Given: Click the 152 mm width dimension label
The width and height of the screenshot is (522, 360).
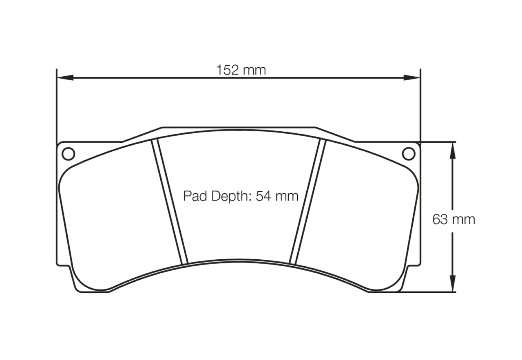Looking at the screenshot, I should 241,70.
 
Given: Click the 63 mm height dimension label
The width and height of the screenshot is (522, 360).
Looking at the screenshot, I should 453,220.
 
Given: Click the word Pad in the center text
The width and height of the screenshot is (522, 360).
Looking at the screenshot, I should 193,196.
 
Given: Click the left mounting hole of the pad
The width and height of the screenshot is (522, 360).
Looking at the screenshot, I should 68,154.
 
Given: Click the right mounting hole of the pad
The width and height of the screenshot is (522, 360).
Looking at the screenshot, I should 408,154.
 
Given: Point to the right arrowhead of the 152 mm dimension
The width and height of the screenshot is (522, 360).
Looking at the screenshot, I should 412,77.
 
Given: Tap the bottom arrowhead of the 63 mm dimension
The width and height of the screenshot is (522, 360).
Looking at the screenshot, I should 452,284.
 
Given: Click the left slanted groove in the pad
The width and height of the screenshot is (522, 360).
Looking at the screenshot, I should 169,202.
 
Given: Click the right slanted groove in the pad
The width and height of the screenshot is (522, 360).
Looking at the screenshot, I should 307,202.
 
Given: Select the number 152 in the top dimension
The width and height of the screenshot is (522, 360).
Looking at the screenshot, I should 227,70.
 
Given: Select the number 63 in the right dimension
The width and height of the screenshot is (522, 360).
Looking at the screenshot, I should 440,220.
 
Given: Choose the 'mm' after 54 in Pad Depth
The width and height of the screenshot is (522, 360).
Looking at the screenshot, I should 287,197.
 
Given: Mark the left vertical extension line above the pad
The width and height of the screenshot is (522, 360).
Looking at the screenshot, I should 56,106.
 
